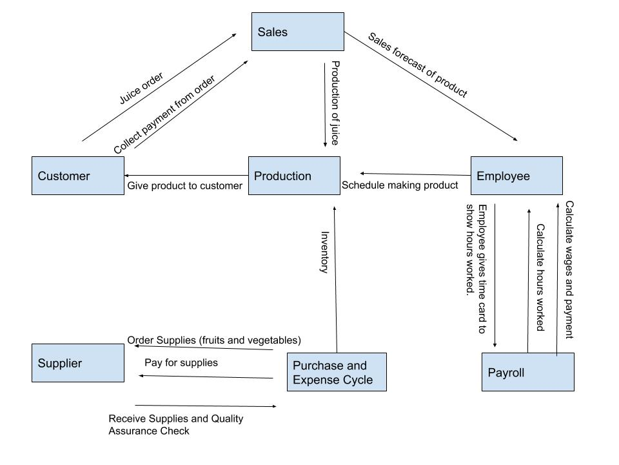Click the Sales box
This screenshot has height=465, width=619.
[297, 32]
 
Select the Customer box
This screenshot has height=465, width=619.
[78, 176]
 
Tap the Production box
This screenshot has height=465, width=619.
[294, 176]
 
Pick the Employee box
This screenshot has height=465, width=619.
[516, 176]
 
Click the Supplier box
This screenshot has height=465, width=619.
[78, 363]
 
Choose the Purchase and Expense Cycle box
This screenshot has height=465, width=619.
[336, 372]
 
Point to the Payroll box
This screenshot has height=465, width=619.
[527, 372]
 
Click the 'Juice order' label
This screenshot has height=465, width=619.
[141, 88]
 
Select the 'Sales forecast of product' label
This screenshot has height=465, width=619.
[417, 65]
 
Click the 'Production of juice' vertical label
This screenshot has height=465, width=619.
[335, 103]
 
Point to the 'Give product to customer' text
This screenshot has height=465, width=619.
[184, 186]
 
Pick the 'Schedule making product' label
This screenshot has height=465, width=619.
[400, 185]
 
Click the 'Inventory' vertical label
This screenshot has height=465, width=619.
[325, 253]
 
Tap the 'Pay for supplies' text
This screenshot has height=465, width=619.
[181, 362]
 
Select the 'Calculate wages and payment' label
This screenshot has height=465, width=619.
[569, 269]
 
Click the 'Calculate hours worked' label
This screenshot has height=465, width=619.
[540, 277]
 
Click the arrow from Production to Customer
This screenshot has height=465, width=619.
[186, 175]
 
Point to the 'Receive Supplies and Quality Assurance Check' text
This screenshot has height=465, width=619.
[176, 424]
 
